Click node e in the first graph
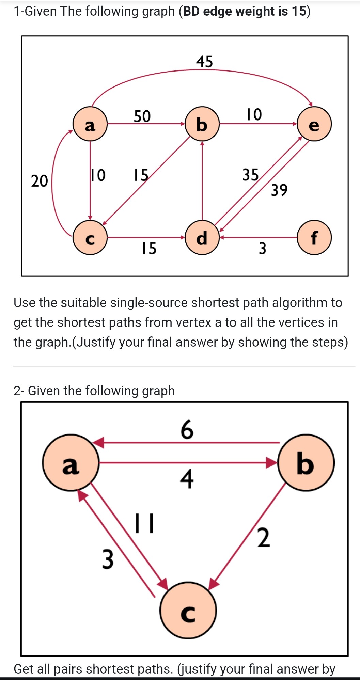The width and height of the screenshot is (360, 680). pyautogui.click(x=314, y=124)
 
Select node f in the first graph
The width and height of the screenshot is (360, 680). pyautogui.click(x=314, y=237)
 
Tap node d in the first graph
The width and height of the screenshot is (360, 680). pyautogui.click(x=202, y=237)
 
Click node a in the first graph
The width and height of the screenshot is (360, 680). pyautogui.click(x=90, y=124)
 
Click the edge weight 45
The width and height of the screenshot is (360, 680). pyautogui.click(x=204, y=62)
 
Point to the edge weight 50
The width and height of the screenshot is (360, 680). pyautogui.click(x=142, y=116)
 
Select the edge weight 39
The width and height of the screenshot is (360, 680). pyautogui.click(x=279, y=190)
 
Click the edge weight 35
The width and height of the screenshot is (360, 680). pyautogui.click(x=251, y=175)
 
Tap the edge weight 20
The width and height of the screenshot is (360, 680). pyautogui.click(x=40, y=181)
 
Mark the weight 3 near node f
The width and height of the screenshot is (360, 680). pyautogui.click(x=262, y=248)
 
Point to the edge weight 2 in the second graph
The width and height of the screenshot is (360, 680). pyautogui.click(x=264, y=538)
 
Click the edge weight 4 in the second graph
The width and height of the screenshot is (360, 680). pyautogui.click(x=187, y=478)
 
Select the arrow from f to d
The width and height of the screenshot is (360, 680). pyautogui.click(x=259, y=237)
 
